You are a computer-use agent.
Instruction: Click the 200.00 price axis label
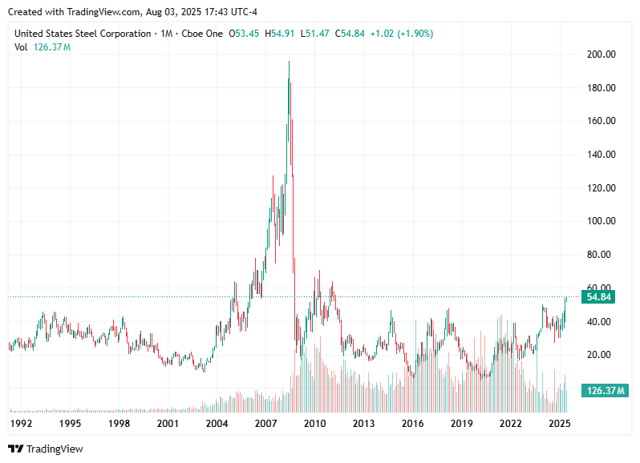pyautogui.click(x=600, y=54)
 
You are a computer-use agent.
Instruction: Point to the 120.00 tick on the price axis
pyautogui.click(x=600, y=188)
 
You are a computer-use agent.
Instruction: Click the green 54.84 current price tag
pyautogui.click(x=599, y=297)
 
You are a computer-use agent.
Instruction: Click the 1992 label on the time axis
pyautogui.click(x=21, y=422)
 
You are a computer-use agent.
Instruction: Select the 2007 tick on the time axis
pyautogui.click(x=265, y=422)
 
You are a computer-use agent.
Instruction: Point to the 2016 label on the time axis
pyautogui.click(x=412, y=422)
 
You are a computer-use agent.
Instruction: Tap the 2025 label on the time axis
pyautogui.click(x=559, y=422)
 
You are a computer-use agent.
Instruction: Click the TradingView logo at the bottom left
pyautogui.click(x=46, y=449)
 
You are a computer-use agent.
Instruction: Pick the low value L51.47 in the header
pyautogui.click(x=316, y=34)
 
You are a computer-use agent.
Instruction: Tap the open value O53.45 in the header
pyautogui.click(x=245, y=34)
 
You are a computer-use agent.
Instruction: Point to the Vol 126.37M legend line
pyautogui.click(x=43, y=47)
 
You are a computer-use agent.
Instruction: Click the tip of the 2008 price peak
pyautogui.click(x=290, y=62)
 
